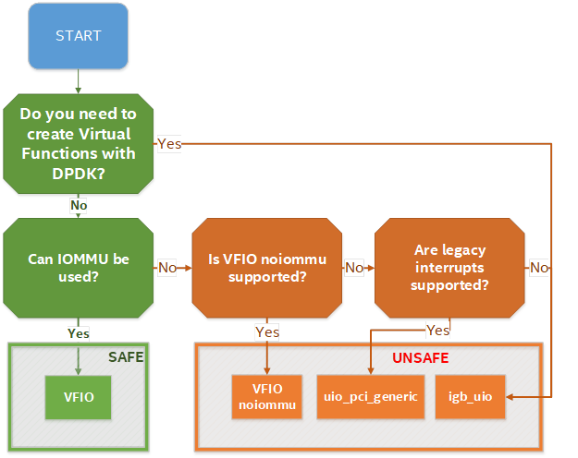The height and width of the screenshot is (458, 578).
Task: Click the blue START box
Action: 79,36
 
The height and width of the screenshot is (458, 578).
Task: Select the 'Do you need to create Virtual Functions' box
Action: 79,143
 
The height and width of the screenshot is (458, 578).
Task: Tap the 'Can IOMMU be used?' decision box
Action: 79,268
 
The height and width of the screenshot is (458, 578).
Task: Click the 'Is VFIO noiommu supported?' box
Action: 267,268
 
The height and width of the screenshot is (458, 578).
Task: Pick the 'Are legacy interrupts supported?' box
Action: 449,268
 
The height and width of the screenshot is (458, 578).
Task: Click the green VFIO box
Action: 79,397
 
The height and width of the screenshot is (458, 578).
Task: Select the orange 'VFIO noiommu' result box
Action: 267,397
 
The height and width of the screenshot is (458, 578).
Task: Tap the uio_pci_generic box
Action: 371,397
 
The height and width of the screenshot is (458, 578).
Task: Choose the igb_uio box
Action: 470,397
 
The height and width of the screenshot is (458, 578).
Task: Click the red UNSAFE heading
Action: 420,358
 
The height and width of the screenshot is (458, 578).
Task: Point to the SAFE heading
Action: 126,357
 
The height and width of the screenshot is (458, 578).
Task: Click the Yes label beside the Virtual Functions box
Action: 169,144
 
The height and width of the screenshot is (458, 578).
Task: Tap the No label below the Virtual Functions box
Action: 79,205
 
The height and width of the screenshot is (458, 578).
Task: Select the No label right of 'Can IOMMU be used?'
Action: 167,268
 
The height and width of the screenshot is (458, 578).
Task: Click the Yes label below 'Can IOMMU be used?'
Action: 79,333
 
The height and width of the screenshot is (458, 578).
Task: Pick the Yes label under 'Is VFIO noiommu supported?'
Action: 267,332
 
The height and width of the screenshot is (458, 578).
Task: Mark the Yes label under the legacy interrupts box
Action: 438,331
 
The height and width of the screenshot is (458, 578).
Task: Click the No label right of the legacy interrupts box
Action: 539,268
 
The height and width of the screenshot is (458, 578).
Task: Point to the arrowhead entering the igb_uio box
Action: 510,397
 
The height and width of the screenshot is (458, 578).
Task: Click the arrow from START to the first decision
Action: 79,81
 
